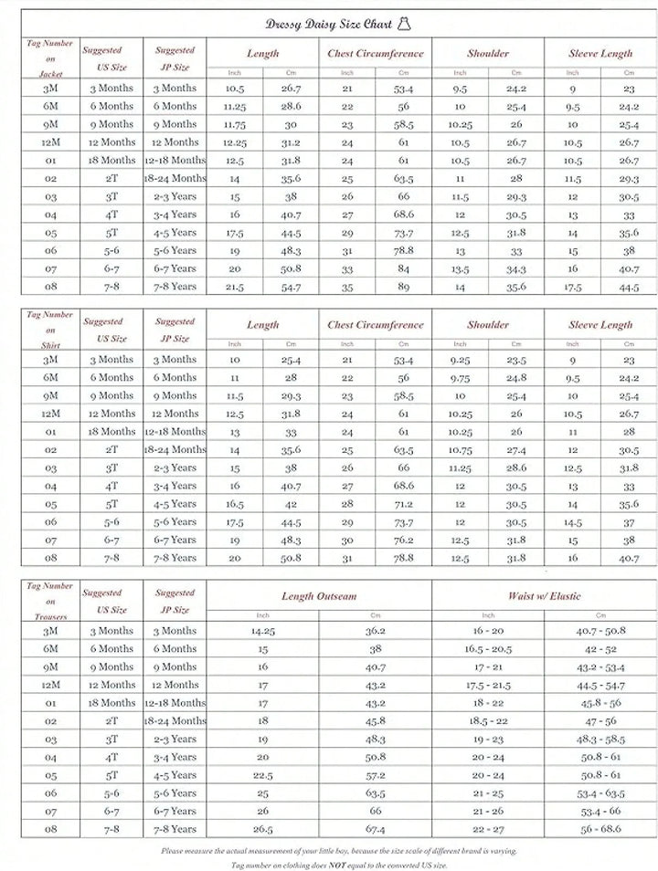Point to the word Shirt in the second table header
(x=51, y=345)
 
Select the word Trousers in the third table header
(x=51, y=617)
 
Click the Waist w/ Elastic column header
(x=545, y=596)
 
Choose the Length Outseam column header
(x=319, y=596)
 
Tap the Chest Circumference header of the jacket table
(x=376, y=53)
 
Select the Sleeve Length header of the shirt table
(x=600, y=324)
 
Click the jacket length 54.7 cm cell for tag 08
(x=291, y=287)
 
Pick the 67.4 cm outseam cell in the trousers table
(x=375, y=830)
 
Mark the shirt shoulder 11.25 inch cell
(x=461, y=467)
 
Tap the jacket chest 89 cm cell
(x=403, y=287)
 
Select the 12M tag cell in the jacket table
(x=51, y=142)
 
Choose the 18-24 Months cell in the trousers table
(x=175, y=721)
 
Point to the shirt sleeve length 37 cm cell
(x=629, y=522)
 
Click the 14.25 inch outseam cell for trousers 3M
(x=262, y=631)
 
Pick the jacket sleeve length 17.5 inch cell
(x=572, y=287)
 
